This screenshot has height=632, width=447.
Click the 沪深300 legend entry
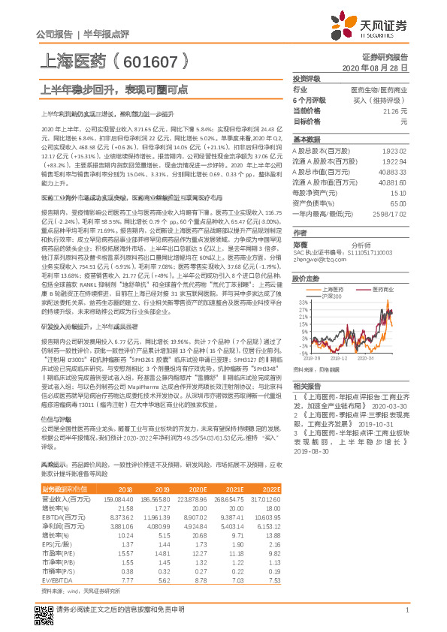coord(322,294)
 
